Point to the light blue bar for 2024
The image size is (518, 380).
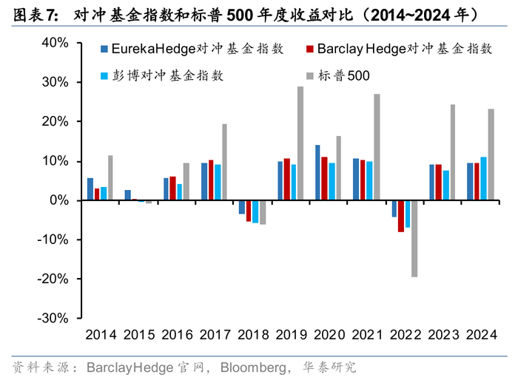tap(484, 178)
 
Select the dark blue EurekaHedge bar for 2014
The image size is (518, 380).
tap(90, 189)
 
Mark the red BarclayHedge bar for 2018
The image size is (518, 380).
tap(249, 211)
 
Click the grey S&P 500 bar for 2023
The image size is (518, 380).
tap(453, 152)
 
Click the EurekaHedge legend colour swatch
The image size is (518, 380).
tap(105, 50)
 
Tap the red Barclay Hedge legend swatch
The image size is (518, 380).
tap(309, 50)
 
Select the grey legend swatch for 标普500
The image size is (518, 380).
tap(309, 75)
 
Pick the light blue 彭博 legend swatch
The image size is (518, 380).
tap(105, 75)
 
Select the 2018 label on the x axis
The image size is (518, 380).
tap(252, 335)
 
